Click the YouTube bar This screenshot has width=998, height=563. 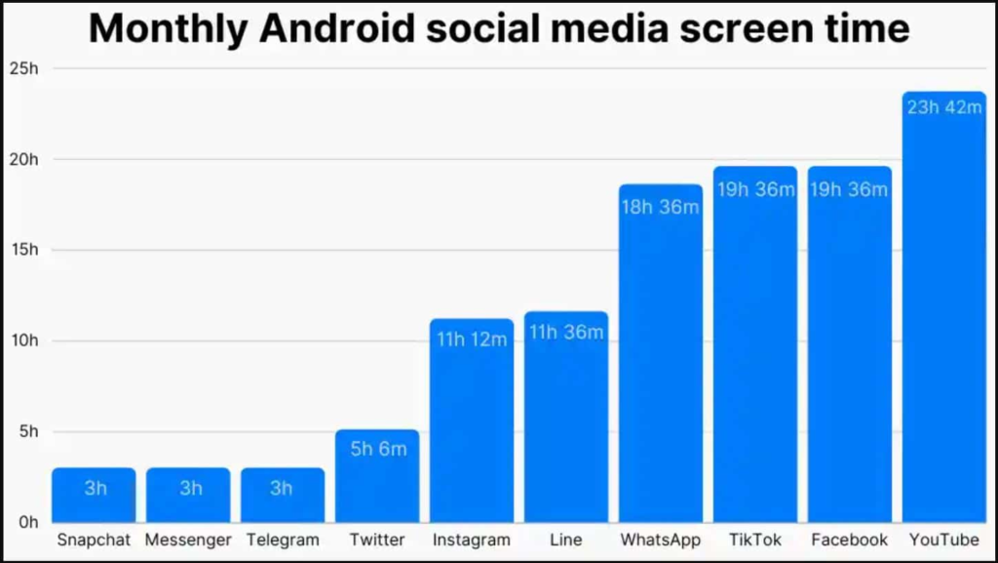click(x=943, y=312)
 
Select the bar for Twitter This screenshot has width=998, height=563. click(x=377, y=478)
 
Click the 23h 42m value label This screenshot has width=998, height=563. click(x=943, y=107)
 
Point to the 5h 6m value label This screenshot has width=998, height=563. click(x=377, y=449)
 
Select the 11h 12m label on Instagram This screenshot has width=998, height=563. click(x=472, y=340)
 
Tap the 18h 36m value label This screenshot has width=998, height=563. click(x=660, y=207)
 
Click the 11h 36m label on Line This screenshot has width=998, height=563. click(x=566, y=333)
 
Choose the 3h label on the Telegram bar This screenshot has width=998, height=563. click(x=282, y=488)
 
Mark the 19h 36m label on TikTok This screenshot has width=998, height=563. click(x=755, y=189)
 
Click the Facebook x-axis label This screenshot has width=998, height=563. click(x=849, y=540)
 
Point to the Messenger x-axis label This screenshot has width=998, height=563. click(x=188, y=540)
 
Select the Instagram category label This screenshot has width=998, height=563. click(x=472, y=540)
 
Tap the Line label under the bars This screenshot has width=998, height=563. click(x=566, y=540)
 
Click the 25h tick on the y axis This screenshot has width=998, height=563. click(x=23, y=68)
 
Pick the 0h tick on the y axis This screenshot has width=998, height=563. click(x=27, y=522)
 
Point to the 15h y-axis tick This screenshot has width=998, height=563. click(x=23, y=250)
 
